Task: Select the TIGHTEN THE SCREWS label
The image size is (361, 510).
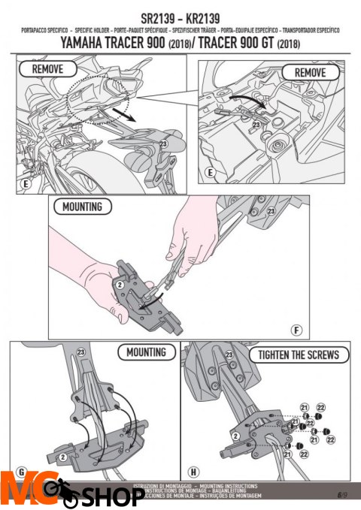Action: coord(298,355)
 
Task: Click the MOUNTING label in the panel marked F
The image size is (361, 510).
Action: coord(82,206)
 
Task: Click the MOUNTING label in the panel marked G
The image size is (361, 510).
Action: coord(146,352)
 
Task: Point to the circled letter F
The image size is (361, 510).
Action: coord(297,330)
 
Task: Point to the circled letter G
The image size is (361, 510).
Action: coord(20,472)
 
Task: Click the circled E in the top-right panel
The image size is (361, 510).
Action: coord(210,172)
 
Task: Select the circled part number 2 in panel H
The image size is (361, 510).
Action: coord(235,435)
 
